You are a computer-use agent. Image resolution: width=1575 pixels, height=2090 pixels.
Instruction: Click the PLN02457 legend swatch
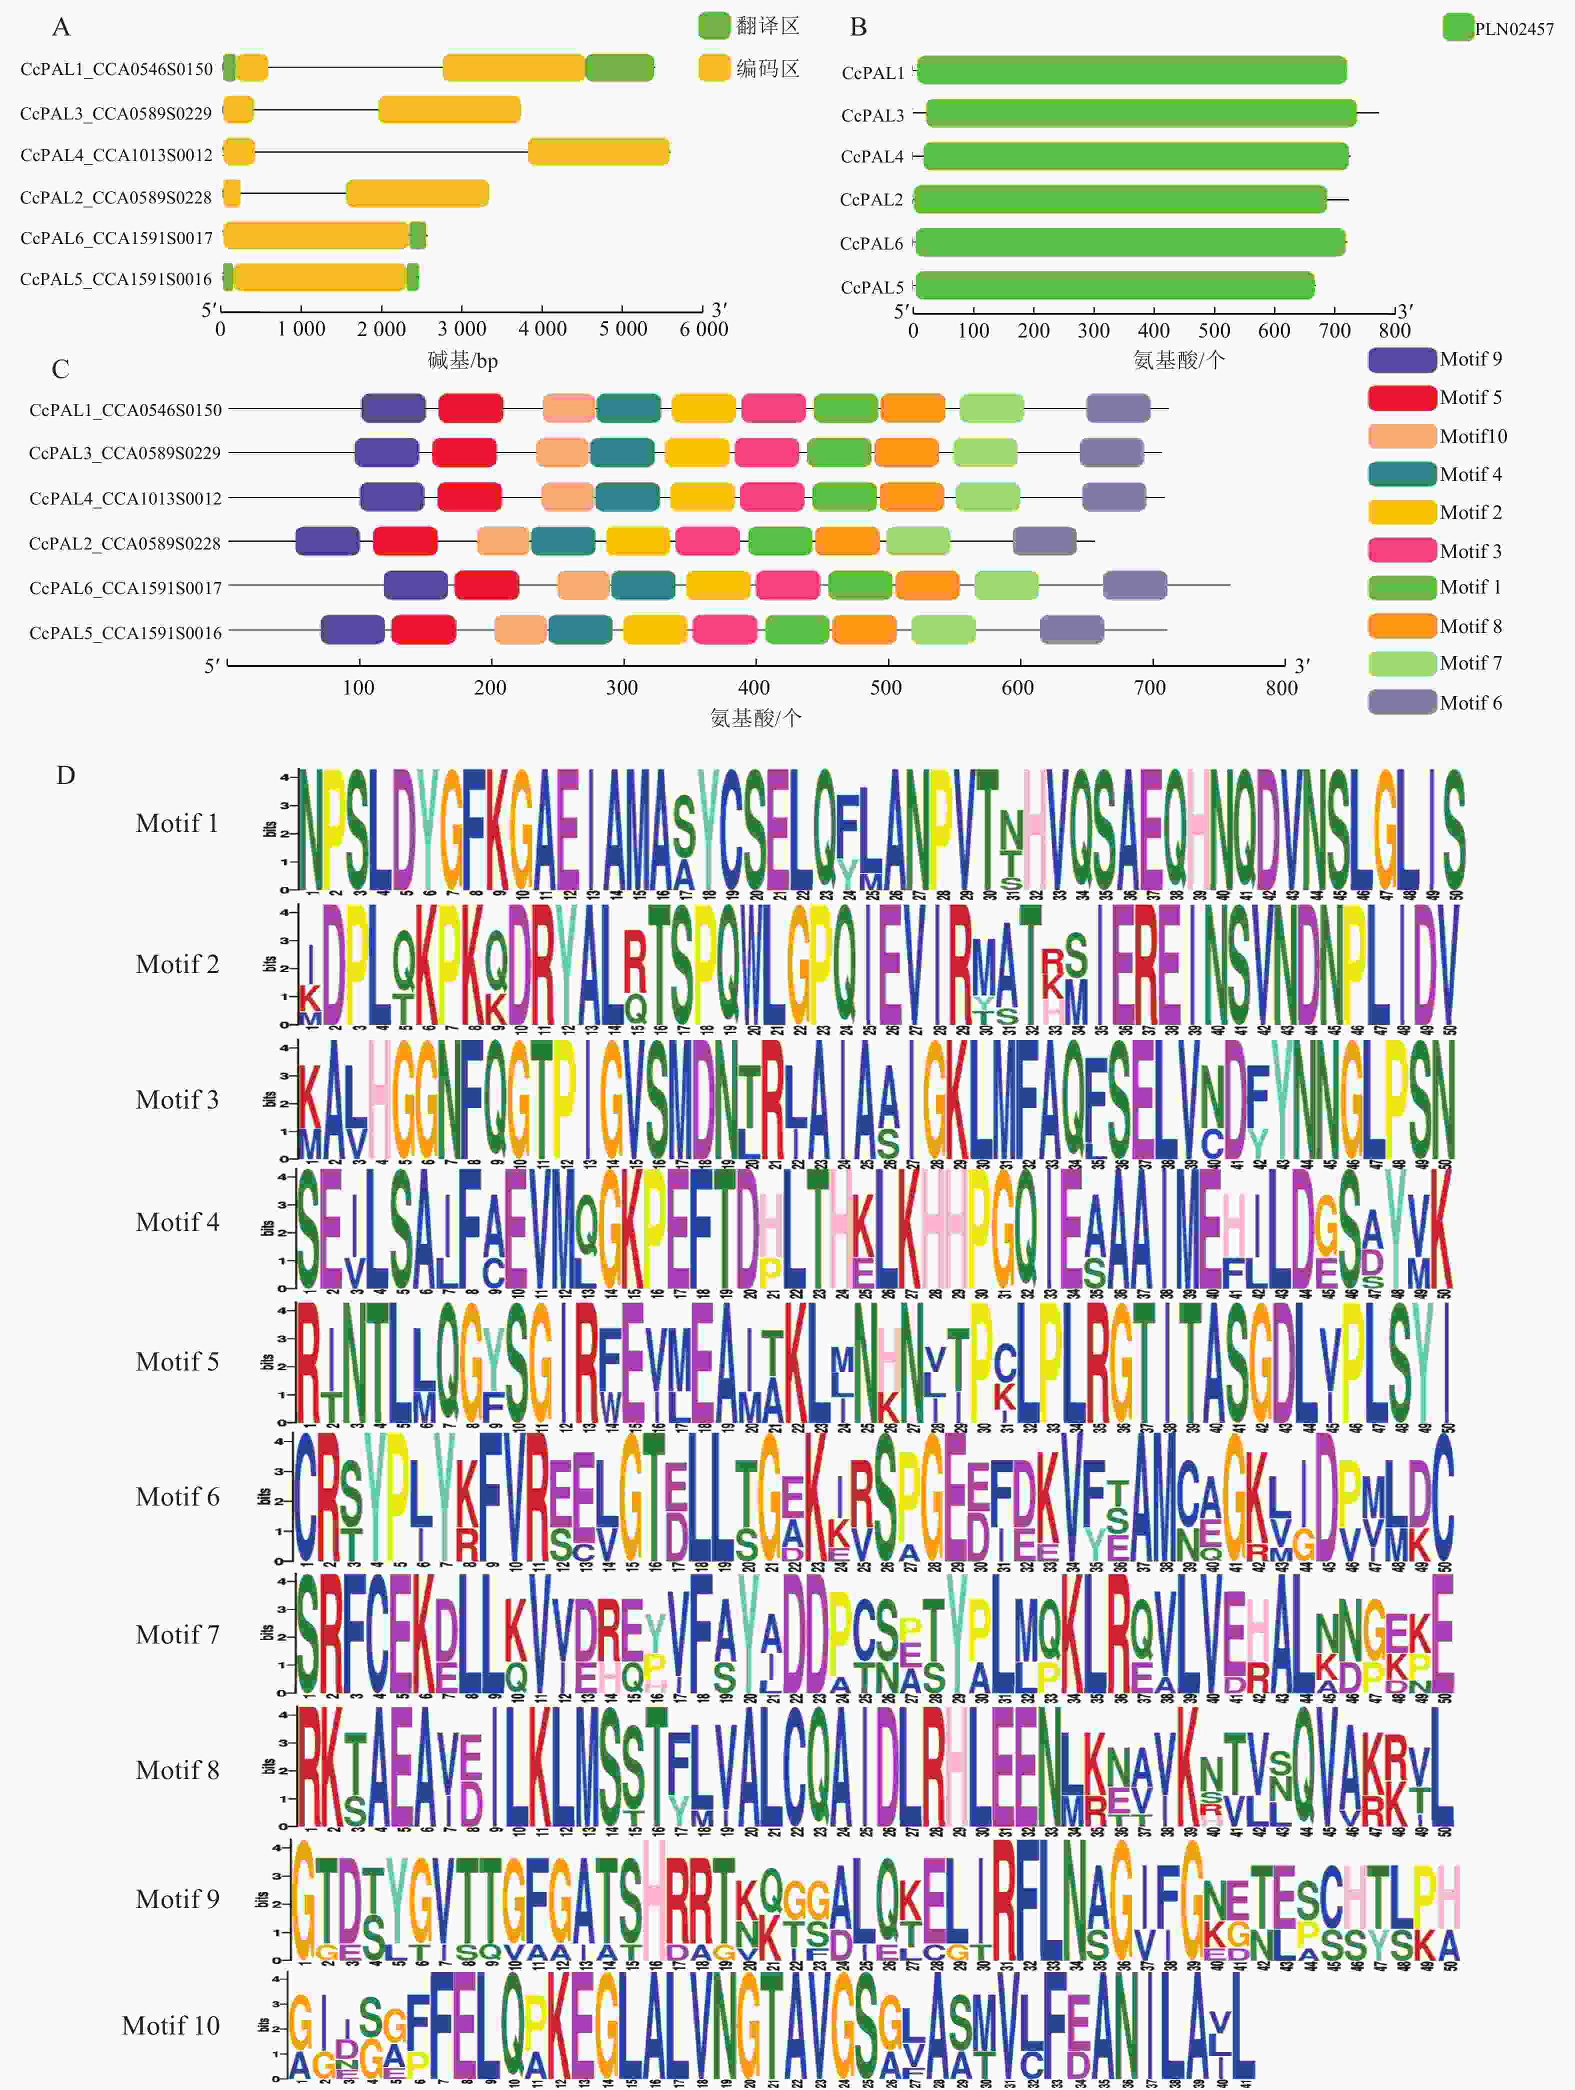click(1458, 27)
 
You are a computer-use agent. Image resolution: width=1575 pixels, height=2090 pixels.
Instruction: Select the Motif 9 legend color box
click(1401, 359)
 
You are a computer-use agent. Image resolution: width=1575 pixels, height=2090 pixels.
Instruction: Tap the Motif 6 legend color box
click(1401, 702)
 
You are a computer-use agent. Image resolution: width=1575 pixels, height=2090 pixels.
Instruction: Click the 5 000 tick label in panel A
click(622, 329)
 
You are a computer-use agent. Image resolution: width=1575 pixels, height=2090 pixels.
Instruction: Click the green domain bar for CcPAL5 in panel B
click(1115, 285)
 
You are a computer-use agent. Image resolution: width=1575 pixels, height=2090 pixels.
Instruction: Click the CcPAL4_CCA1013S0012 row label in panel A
click(116, 155)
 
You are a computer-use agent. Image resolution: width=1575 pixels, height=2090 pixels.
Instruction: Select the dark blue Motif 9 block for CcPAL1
click(393, 408)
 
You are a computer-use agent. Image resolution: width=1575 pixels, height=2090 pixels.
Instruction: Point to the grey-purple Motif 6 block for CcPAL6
click(1134, 586)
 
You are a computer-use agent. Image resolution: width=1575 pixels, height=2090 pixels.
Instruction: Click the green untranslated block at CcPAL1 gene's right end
click(619, 68)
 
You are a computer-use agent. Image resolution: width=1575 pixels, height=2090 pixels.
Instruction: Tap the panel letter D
click(65, 775)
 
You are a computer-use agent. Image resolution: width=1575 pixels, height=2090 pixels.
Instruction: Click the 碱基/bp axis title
click(462, 360)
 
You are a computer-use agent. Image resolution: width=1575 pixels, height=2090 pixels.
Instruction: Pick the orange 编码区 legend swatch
click(714, 68)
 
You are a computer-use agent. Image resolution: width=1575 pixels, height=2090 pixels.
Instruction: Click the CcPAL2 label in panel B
click(871, 199)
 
